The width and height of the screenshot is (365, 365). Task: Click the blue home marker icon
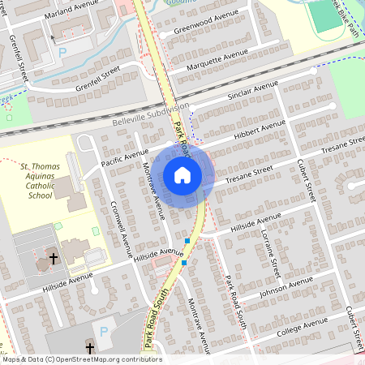[x=182, y=175]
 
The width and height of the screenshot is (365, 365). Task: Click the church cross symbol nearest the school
[x=54, y=259]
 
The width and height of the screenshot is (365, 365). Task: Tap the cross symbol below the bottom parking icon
[x=89, y=350]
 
